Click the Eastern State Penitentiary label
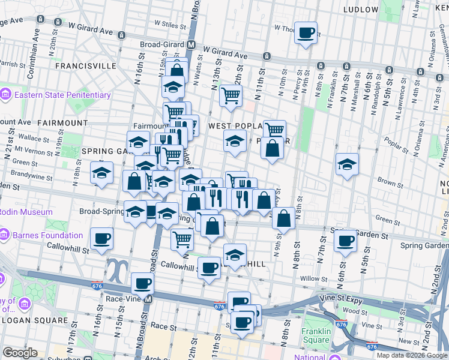tap(62, 95)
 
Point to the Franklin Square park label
tap(316, 335)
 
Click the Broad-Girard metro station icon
tap(191, 45)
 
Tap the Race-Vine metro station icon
tap(148, 299)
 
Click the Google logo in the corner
tap(20, 353)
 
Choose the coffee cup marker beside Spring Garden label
tap(345, 241)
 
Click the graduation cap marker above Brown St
tap(347, 164)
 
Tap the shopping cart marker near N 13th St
tap(231, 95)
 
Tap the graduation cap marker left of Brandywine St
tap(101, 173)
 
